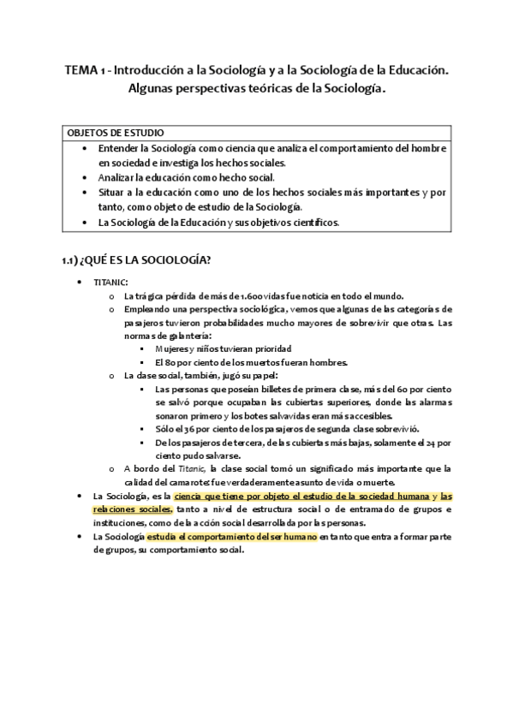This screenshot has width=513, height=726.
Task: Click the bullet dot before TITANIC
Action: coord(79,282)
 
